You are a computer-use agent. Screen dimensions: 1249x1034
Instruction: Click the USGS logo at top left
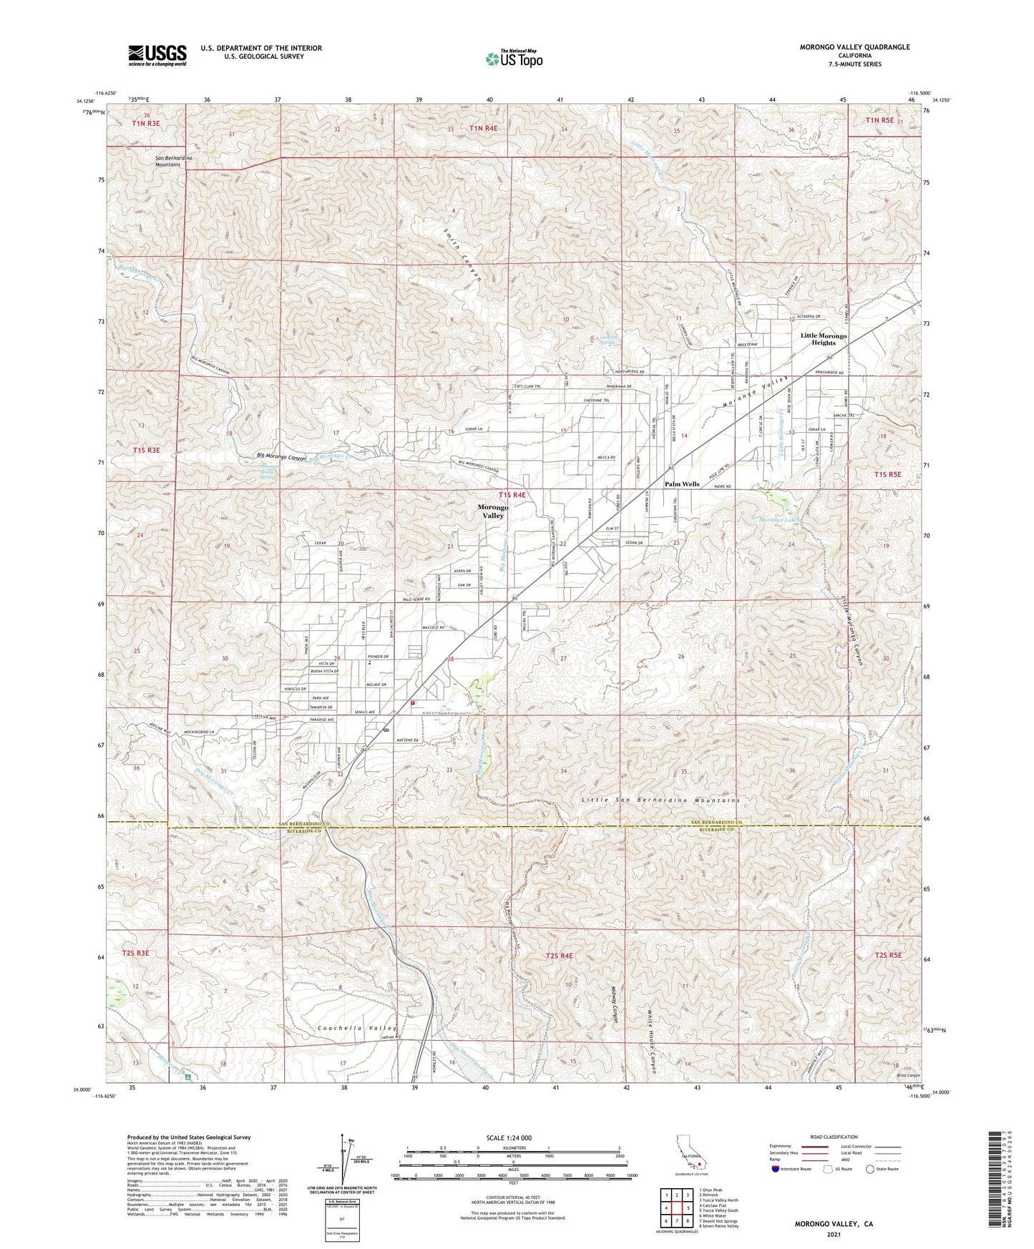point(157,55)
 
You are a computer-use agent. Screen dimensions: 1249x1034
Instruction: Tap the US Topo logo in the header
point(514,59)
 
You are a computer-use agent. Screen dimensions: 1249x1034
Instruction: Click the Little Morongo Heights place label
point(823,339)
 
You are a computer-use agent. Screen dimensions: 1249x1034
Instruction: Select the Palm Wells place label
point(681,484)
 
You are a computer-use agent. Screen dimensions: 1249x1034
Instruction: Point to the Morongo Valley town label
point(493,511)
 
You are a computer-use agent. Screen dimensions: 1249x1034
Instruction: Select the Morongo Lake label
point(777,519)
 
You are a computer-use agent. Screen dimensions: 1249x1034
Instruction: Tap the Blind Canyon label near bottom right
point(907,1075)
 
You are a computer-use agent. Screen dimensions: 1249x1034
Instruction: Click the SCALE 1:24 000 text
point(513,1137)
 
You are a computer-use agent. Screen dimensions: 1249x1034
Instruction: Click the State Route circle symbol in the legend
point(870,1169)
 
